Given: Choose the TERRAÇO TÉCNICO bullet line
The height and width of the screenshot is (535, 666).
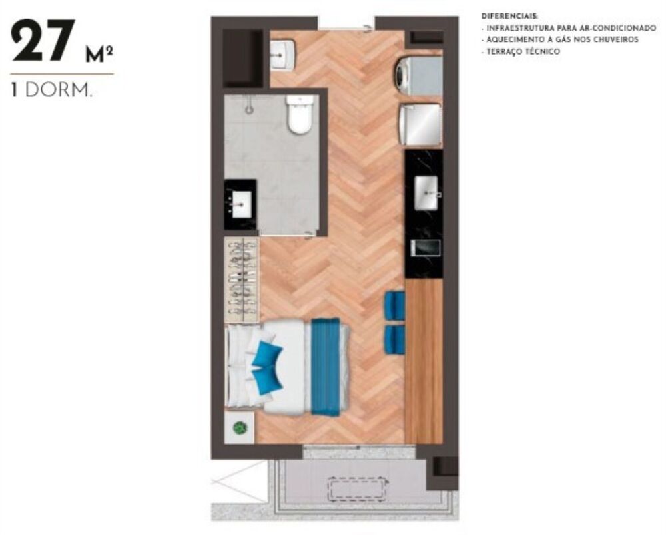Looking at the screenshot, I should click(x=522, y=51).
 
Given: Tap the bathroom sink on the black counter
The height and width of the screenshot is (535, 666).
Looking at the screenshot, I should click(x=240, y=202).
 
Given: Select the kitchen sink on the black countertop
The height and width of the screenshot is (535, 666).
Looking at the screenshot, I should click(x=426, y=192).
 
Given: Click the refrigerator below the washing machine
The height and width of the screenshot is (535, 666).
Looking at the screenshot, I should click(x=420, y=124).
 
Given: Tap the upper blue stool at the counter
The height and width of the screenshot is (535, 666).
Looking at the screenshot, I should click(x=395, y=305).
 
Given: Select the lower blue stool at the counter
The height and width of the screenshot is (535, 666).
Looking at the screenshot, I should click(x=395, y=338).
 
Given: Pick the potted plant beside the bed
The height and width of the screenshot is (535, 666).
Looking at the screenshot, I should click(x=240, y=428).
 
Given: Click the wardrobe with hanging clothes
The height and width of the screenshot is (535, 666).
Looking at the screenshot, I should click(x=241, y=279).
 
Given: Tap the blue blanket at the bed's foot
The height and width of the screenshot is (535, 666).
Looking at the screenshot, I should click(x=326, y=367).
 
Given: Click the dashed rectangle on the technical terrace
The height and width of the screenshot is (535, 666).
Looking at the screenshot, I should click(x=358, y=490).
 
